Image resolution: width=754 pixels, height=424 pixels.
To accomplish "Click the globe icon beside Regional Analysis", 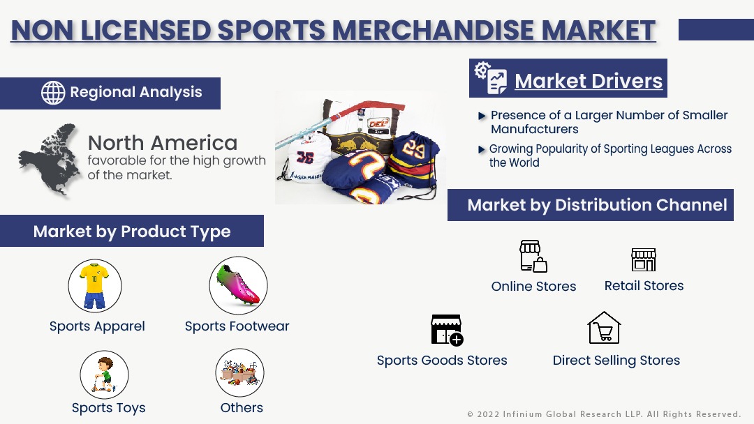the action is [53, 93].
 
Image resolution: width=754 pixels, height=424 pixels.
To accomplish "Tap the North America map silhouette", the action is [49, 160].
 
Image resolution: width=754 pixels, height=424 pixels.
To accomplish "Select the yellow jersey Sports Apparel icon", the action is [95, 286].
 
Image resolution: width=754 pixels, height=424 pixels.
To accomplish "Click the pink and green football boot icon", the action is [239, 286].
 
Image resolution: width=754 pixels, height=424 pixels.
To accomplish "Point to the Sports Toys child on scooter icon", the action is [104, 374].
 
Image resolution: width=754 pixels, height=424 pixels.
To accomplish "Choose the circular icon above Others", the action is [240, 372].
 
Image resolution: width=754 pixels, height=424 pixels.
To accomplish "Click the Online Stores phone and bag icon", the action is [533, 257].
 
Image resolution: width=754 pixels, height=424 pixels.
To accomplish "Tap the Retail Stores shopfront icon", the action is [644, 260].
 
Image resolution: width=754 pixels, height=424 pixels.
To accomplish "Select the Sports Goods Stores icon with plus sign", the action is [448, 331].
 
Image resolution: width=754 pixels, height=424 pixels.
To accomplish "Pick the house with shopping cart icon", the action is [604, 328].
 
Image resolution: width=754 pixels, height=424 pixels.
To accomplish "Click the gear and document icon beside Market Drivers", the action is [491, 78].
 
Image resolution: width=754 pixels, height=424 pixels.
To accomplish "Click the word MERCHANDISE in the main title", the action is [433, 30].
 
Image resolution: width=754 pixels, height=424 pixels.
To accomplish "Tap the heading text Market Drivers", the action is [589, 81].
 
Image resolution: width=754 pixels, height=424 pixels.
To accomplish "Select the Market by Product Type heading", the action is [132, 232].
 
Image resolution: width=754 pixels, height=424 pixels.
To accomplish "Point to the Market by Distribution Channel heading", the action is [597, 205].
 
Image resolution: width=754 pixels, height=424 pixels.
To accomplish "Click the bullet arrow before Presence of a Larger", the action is [482, 116].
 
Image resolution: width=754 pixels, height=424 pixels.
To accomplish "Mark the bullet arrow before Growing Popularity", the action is [482, 149].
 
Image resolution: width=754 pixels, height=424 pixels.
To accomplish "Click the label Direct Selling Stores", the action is [616, 360].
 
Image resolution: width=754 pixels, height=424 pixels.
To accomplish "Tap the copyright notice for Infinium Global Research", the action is [604, 414].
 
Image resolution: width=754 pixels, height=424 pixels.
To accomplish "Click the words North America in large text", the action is [163, 143].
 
